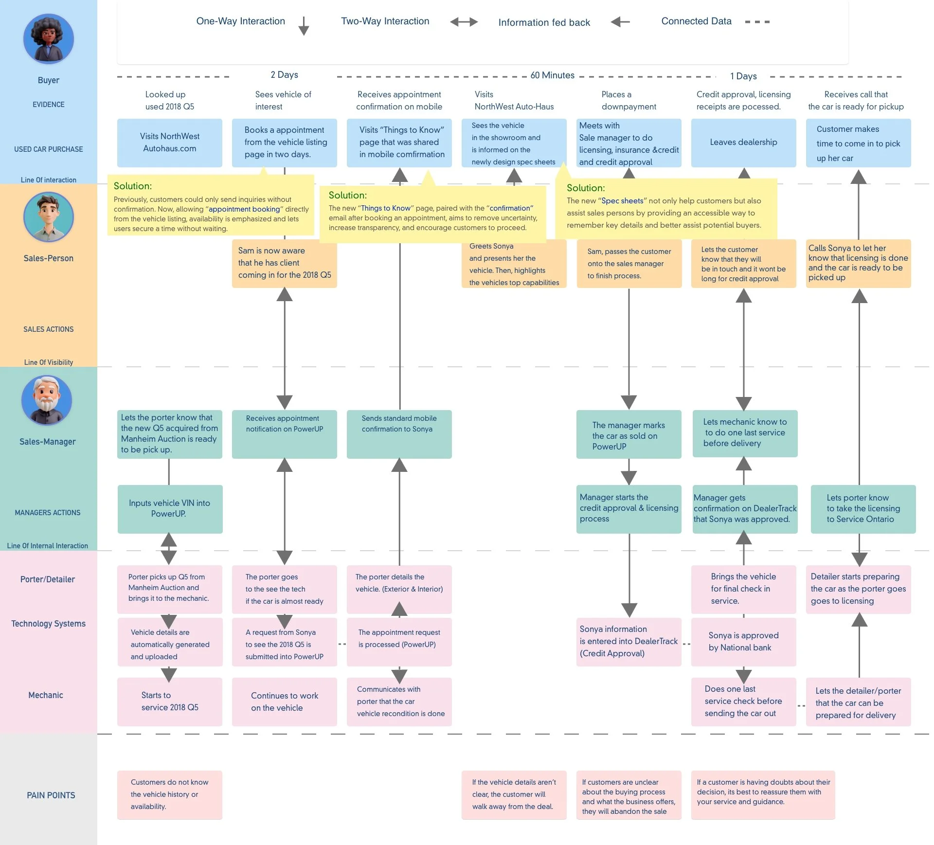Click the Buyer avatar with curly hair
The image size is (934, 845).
(x=49, y=39)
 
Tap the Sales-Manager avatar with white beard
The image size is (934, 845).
(x=47, y=400)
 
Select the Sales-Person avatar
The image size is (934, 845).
(x=49, y=217)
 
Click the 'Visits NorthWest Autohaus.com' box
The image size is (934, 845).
(x=170, y=143)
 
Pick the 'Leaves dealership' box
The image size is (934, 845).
(x=744, y=143)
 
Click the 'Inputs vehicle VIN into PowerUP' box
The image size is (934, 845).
(x=170, y=509)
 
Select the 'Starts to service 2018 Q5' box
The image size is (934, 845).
(x=170, y=701)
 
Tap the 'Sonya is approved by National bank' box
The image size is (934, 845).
(x=744, y=642)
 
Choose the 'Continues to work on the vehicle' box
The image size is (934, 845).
(x=285, y=701)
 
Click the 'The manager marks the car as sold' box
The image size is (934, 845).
(x=629, y=434)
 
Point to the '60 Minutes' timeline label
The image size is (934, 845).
(x=552, y=75)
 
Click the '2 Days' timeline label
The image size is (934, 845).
(x=285, y=75)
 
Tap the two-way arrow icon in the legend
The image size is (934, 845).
(x=464, y=22)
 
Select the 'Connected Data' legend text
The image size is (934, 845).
(x=696, y=21)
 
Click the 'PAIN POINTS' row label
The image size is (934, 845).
(x=51, y=795)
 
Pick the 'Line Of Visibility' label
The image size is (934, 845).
(x=49, y=362)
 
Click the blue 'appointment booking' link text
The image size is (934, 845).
(x=244, y=209)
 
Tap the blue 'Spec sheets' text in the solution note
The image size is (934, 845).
(x=622, y=201)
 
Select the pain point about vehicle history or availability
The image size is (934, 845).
(x=170, y=795)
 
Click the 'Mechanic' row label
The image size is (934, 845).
(x=46, y=695)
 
